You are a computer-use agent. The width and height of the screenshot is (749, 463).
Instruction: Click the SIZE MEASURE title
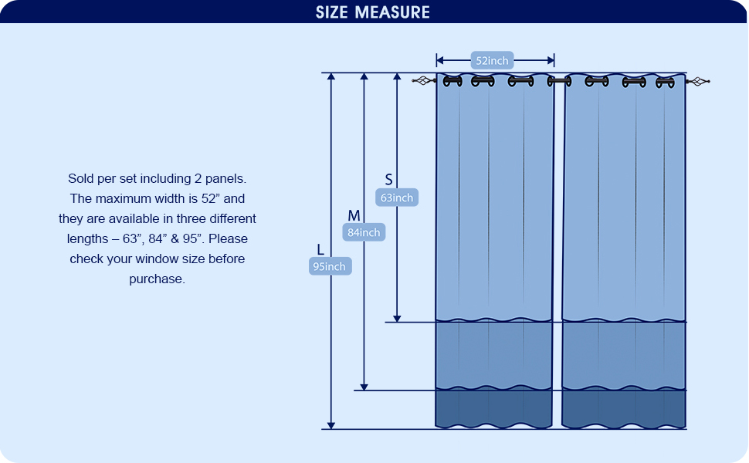point(373,12)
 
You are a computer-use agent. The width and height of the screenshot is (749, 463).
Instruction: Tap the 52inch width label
point(493,61)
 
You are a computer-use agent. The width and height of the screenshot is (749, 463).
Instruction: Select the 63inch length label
point(397,198)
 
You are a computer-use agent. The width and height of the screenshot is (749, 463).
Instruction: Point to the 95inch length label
point(330,266)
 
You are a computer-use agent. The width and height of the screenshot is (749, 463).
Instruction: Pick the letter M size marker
point(354,215)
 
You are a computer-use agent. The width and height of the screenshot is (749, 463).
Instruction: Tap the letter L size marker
point(320,249)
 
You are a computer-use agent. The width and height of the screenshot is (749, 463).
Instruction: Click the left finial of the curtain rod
point(423,80)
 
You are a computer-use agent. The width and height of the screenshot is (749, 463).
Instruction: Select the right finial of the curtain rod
point(699,81)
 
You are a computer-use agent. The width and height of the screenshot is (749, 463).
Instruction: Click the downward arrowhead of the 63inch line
point(397,317)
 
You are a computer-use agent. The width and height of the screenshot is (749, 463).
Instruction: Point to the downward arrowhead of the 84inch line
point(364,386)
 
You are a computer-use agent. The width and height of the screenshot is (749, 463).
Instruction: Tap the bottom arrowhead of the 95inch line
point(331,424)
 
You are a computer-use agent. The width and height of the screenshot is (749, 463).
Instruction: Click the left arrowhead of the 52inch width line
point(440,60)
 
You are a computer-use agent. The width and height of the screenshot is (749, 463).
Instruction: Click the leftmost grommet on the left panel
point(452,80)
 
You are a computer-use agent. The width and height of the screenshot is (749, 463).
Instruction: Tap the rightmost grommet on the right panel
point(665,81)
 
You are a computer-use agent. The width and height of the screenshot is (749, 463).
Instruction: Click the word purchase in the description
point(156,279)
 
